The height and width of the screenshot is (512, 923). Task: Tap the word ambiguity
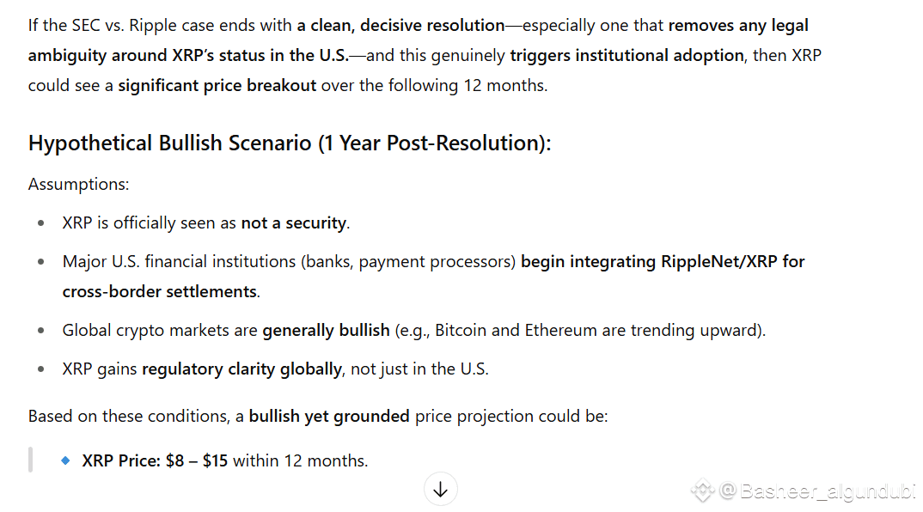[67, 56]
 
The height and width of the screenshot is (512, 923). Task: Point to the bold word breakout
[281, 85]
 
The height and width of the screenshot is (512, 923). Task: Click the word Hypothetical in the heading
[90, 143]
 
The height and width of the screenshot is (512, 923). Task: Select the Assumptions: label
[78, 184]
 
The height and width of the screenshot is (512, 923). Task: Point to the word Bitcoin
[461, 330]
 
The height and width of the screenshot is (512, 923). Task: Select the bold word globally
[310, 369]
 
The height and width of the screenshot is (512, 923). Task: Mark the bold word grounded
[371, 416]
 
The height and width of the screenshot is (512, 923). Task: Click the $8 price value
[174, 460]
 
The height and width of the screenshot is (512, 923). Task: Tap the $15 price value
[215, 460]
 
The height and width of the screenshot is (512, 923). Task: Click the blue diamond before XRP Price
[65, 460]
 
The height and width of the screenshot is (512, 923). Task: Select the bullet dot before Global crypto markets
[40, 330]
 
